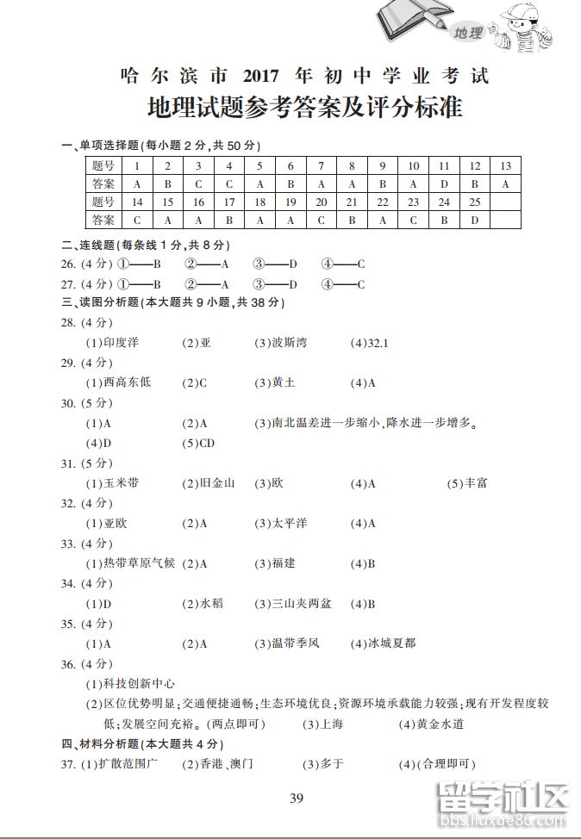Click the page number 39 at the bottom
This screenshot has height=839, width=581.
(x=297, y=797)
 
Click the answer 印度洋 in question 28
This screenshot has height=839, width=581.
(x=121, y=343)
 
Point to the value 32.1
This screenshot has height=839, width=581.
(x=378, y=343)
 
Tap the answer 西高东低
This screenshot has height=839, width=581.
(x=127, y=382)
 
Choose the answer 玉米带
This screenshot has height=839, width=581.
(x=121, y=483)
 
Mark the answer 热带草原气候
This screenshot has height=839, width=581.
(x=139, y=563)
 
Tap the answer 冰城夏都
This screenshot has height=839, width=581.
(x=391, y=643)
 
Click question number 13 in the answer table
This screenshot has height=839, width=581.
(x=505, y=165)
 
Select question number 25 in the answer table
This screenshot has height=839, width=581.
(x=474, y=202)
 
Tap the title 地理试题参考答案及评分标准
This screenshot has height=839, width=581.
(x=305, y=109)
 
